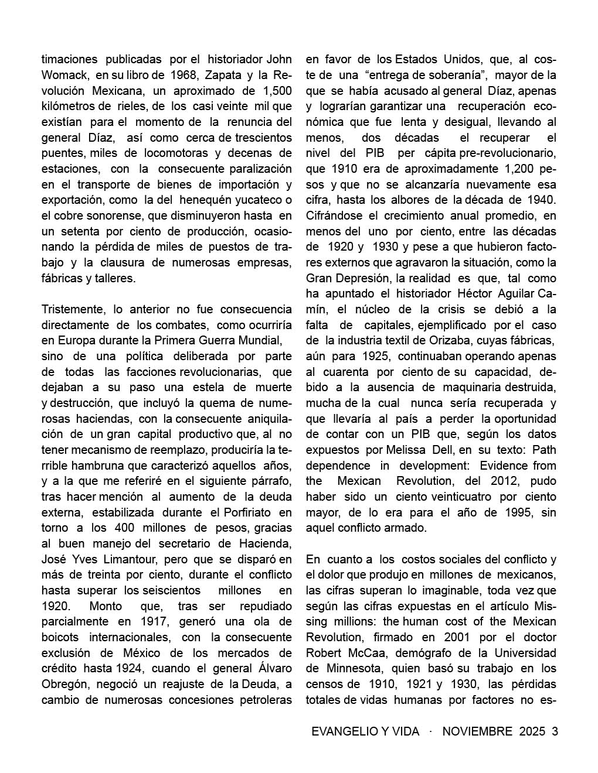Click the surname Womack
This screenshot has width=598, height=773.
[64, 75]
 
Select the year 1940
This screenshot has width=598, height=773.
[541, 200]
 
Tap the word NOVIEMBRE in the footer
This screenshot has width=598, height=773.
[477, 731]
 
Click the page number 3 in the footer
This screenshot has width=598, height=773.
[555, 731]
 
